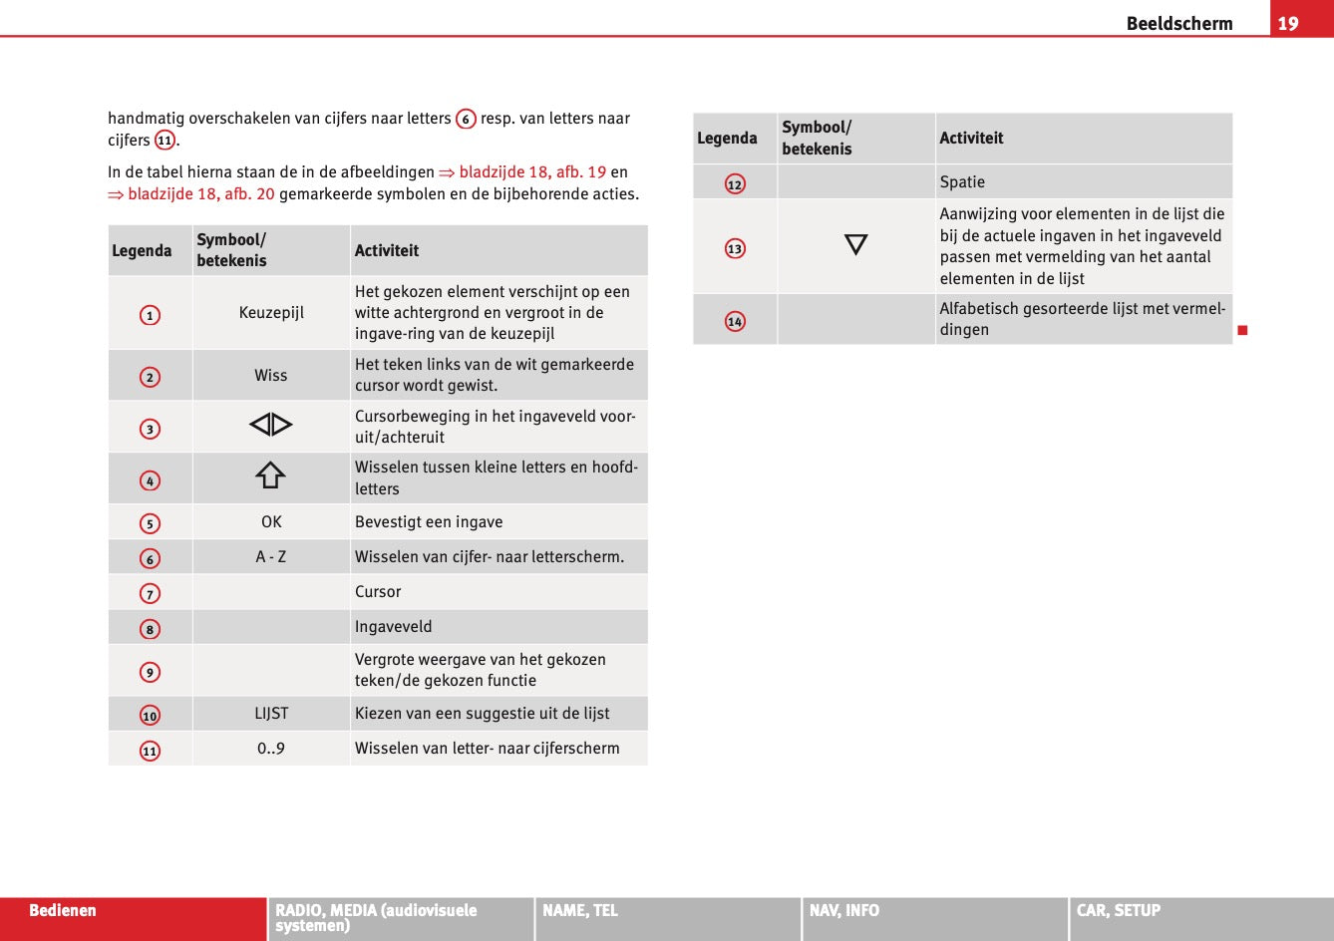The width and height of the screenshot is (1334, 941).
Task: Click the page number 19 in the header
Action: (1288, 23)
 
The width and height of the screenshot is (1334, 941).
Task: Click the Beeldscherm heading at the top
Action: (1178, 23)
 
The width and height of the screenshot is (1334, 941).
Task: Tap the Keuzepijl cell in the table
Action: (271, 313)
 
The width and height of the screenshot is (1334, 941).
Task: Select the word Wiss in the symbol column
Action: (270, 376)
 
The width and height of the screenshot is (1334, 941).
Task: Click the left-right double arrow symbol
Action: (270, 426)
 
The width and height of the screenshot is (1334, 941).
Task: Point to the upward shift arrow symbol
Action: (270, 476)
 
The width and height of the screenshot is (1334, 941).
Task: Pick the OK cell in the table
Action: (271, 522)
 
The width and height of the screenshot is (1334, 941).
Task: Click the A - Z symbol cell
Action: (270, 557)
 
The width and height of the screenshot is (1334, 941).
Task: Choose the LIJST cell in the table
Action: (271, 714)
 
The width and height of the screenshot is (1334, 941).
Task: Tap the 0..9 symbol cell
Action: (270, 749)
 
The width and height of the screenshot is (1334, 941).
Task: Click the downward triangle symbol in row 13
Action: (855, 245)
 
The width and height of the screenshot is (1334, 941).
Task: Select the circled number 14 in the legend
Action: (735, 321)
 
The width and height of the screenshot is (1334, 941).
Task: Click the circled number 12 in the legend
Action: (735, 184)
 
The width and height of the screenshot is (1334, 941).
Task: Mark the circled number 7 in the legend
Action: (150, 594)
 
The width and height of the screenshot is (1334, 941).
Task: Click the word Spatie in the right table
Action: (962, 182)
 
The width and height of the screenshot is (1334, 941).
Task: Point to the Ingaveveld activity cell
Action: (393, 627)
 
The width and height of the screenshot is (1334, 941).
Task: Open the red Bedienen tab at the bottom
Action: (63, 911)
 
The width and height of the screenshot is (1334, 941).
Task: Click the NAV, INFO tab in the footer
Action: (844, 911)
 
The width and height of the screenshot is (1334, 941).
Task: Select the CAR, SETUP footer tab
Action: (1118, 911)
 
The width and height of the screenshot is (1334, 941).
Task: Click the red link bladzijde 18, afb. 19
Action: (531, 172)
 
